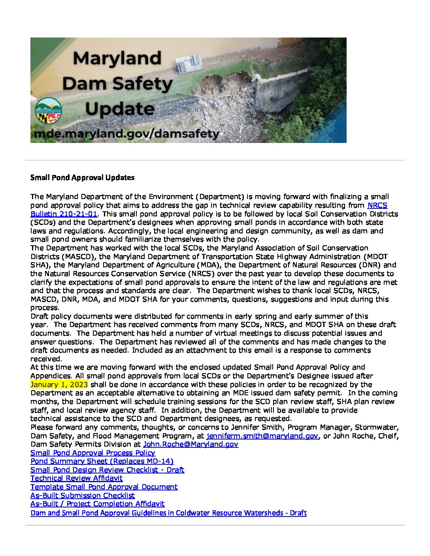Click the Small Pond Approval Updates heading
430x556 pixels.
click(82, 178)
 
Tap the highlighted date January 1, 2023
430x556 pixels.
click(59, 385)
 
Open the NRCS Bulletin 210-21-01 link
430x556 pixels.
click(64, 214)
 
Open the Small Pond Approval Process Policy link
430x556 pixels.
click(93, 453)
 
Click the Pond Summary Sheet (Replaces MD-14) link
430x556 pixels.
click(102, 461)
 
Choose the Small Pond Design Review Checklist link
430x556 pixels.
click(107, 470)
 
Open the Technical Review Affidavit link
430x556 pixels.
click(77, 478)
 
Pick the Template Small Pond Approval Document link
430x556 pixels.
click(104, 487)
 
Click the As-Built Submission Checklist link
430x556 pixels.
click(83, 495)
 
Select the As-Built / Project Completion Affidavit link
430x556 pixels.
click(97, 504)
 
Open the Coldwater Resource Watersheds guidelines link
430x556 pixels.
click(168, 513)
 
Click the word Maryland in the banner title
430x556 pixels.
click(117, 58)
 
